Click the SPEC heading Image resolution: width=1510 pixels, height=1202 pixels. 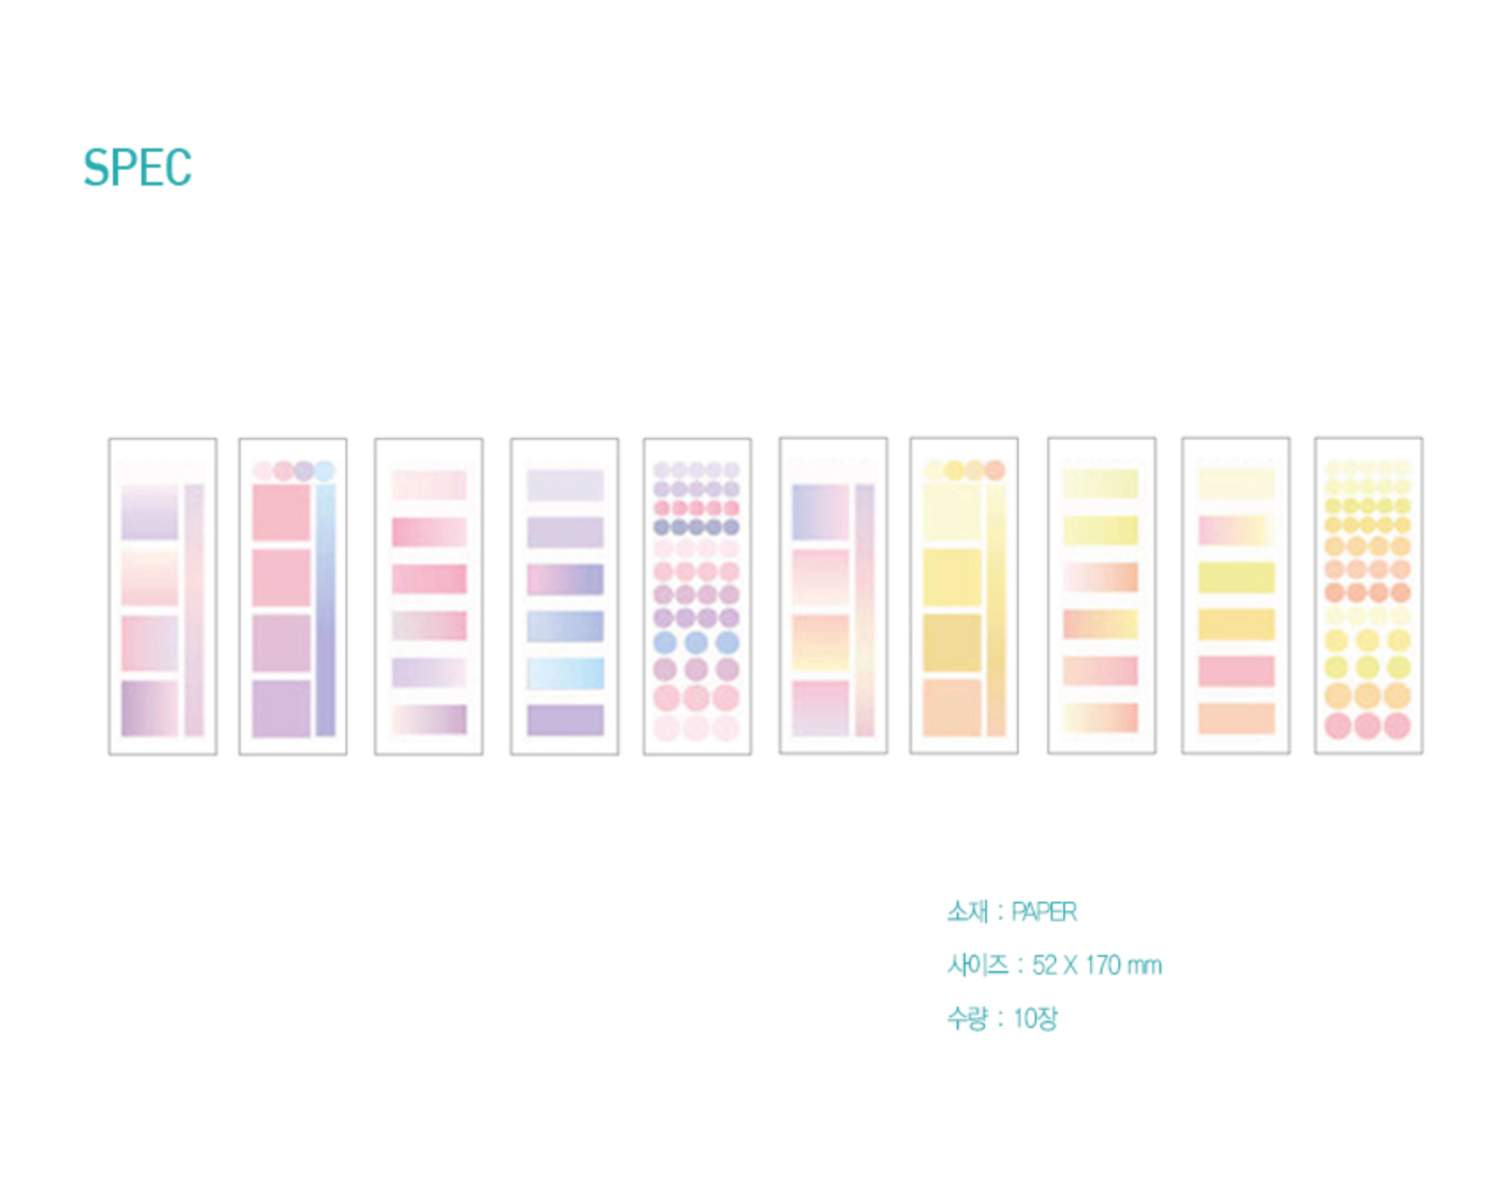point(137,168)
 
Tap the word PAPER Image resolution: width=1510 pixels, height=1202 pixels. point(1044,912)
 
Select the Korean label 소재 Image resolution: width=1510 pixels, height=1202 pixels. point(967,912)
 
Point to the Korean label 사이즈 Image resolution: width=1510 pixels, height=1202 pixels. point(978,965)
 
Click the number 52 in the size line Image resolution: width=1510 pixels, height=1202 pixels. point(1044,965)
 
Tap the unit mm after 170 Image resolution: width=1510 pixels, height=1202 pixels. point(1144,967)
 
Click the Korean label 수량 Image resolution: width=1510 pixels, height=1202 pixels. point(967,1018)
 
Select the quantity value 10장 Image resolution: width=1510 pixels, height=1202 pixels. point(1035,1018)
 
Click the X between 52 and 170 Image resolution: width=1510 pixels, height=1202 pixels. point(1071,965)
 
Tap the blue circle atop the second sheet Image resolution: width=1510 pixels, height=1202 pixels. point(325,471)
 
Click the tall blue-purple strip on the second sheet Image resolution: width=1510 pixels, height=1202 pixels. point(325,610)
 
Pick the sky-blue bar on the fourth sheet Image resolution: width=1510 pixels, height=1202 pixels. point(565,673)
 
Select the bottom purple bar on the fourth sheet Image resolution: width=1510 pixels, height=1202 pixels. point(565,720)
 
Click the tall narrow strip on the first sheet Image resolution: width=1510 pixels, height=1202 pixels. point(194,610)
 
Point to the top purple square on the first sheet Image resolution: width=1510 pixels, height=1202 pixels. point(149,512)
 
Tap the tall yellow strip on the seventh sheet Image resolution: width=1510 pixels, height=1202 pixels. point(996,610)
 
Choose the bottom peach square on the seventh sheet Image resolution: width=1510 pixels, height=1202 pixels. point(952,708)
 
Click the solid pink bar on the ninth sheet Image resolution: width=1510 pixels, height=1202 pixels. point(1236,671)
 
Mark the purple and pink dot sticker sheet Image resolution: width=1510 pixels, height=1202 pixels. point(697,596)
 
